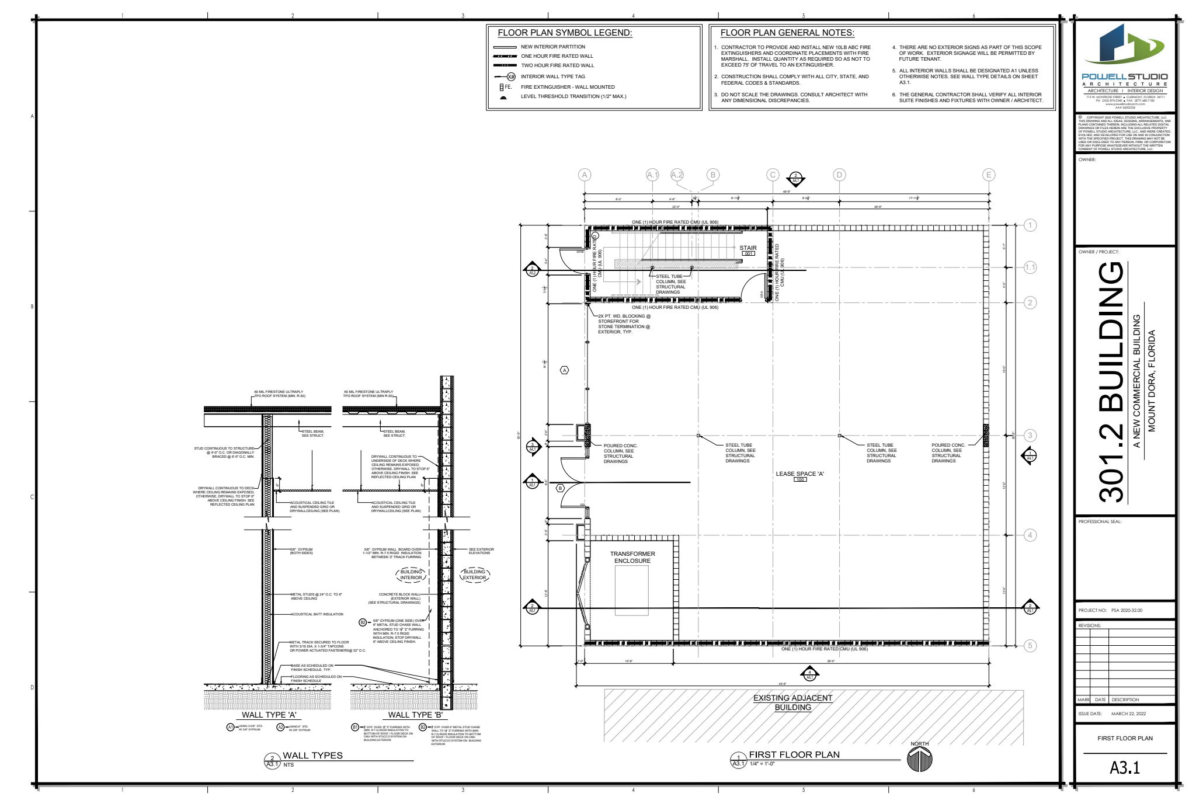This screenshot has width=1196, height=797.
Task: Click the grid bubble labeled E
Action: pos(989,175)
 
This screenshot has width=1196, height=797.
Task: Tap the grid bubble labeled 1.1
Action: pos(1030,267)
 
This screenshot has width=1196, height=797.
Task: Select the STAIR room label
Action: pos(748,248)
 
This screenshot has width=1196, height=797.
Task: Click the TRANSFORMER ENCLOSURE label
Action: pos(632,557)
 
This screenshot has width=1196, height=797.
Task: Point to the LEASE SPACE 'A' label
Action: pos(799,474)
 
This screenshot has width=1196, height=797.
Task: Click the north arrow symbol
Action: pos(920,759)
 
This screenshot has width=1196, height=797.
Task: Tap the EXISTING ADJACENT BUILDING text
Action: pos(792,702)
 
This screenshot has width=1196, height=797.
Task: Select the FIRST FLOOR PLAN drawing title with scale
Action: pos(794,755)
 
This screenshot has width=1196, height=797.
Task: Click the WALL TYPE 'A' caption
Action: pos(269,715)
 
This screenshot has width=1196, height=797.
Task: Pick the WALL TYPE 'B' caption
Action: pos(415,715)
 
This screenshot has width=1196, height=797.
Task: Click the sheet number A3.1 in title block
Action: pos(1125,768)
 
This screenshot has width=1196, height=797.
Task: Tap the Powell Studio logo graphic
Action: pos(1124,44)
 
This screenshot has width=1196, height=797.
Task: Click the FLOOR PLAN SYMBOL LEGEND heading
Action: pos(565,33)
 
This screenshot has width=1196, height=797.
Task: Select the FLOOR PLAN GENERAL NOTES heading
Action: pos(787,33)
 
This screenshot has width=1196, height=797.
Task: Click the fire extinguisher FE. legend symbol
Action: pos(502,87)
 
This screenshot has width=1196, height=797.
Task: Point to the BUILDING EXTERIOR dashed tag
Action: pos(474,575)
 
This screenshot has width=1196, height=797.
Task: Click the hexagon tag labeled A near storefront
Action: pos(565,370)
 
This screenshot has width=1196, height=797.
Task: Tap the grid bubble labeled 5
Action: pos(1030,646)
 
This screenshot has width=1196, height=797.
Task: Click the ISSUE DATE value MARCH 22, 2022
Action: pos(1128,714)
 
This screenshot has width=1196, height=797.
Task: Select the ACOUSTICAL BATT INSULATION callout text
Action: pos(317,614)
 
